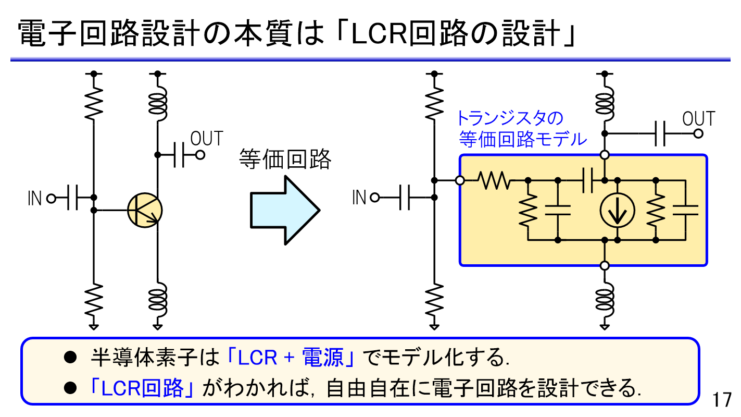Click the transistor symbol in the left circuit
tap(145, 210)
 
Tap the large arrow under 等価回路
tap(284, 210)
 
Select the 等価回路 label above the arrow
tap(285, 160)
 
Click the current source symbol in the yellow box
tap(617, 211)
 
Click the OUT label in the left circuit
tap(206, 139)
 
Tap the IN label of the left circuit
tap(34, 199)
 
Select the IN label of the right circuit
tap(359, 198)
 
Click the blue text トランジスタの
tap(510, 118)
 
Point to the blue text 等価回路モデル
tap(523, 139)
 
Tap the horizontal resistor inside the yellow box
tap(494, 181)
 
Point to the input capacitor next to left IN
tap(73, 198)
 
